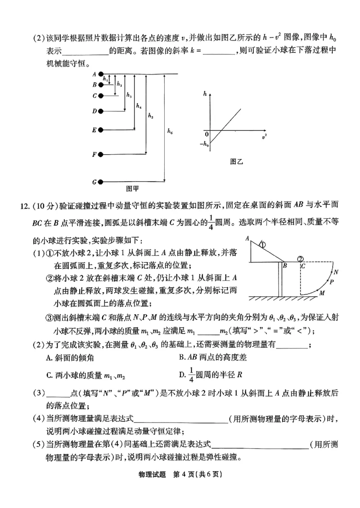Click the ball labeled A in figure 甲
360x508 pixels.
[102, 74]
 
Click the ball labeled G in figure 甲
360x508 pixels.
[102, 182]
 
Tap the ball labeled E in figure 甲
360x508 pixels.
[102, 130]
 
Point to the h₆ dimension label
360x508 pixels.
[169, 131]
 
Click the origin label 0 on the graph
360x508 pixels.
[207, 134]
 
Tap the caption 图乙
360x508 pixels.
[236, 161]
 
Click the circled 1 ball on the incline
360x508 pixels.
[262, 245]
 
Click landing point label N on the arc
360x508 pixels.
[336, 272]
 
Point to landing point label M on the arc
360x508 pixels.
[322, 293]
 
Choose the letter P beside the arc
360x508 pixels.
[332, 282]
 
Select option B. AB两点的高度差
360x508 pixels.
[212, 358]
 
